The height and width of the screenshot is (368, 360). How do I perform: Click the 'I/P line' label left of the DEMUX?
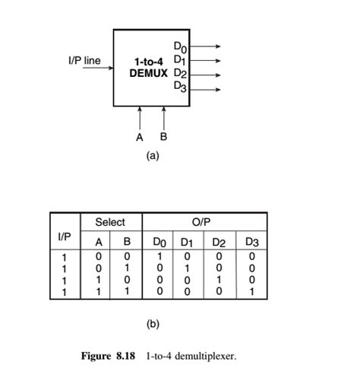pyautogui.click(x=84, y=61)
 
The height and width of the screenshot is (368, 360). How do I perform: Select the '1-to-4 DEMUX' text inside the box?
pyautogui.click(x=148, y=67)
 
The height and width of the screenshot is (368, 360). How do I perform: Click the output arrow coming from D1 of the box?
pyautogui.click(x=206, y=60)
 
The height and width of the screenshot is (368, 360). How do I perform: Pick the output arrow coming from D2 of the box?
pyautogui.click(x=206, y=75)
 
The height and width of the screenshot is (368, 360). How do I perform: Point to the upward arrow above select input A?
pyautogui.click(x=140, y=118)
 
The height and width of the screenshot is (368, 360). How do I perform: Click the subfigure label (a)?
pyautogui.click(x=153, y=155)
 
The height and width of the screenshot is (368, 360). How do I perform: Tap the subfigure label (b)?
pyautogui.click(x=153, y=323)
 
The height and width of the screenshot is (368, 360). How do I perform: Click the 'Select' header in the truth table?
pyautogui.click(x=109, y=222)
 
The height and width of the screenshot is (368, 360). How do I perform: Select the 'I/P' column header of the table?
pyautogui.click(x=65, y=237)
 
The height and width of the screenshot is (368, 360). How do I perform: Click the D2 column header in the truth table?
pyautogui.click(x=219, y=243)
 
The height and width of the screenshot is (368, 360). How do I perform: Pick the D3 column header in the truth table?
pyautogui.click(x=251, y=243)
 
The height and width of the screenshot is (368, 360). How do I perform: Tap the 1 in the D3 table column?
pyautogui.click(x=251, y=291)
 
